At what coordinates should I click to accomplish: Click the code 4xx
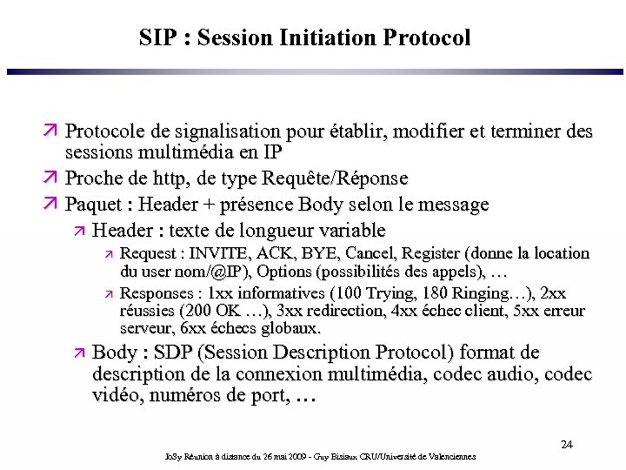click(400, 311)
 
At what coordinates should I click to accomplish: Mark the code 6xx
click(194, 328)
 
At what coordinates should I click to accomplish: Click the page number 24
click(566, 445)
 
